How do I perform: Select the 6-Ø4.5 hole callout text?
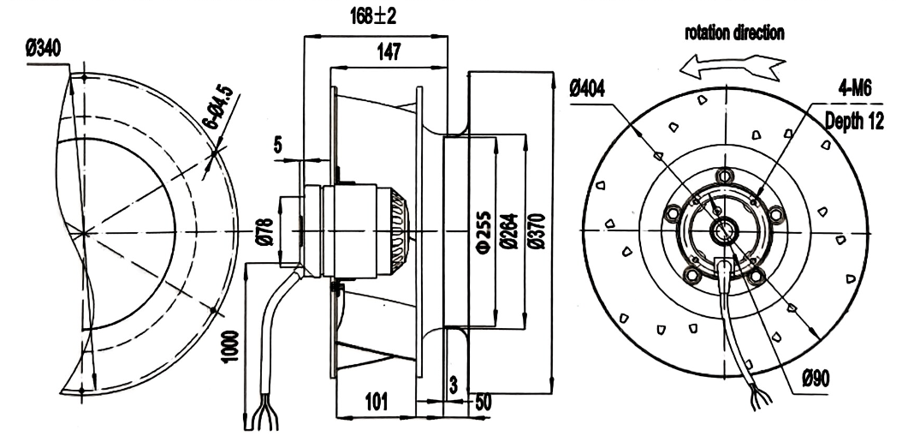pyautogui.click(x=218, y=107)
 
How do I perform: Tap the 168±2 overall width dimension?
pyautogui.click(x=373, y=16)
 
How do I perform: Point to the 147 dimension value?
pyautogui.click(x=389, y=52)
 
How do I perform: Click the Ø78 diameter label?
pyautogui.click(x=266, y=231)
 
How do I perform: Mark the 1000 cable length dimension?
pyautogui.click(x=231, y=346)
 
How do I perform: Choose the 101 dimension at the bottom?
pyautogui.click(x=376, y=402)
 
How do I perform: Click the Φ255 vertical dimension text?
pyautogui.click(x=484, y=232)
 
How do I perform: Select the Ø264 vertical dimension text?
pyautogui.click(x=510, y=231)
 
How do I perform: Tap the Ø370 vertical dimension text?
pyautogui.click(x=537, y=231)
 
